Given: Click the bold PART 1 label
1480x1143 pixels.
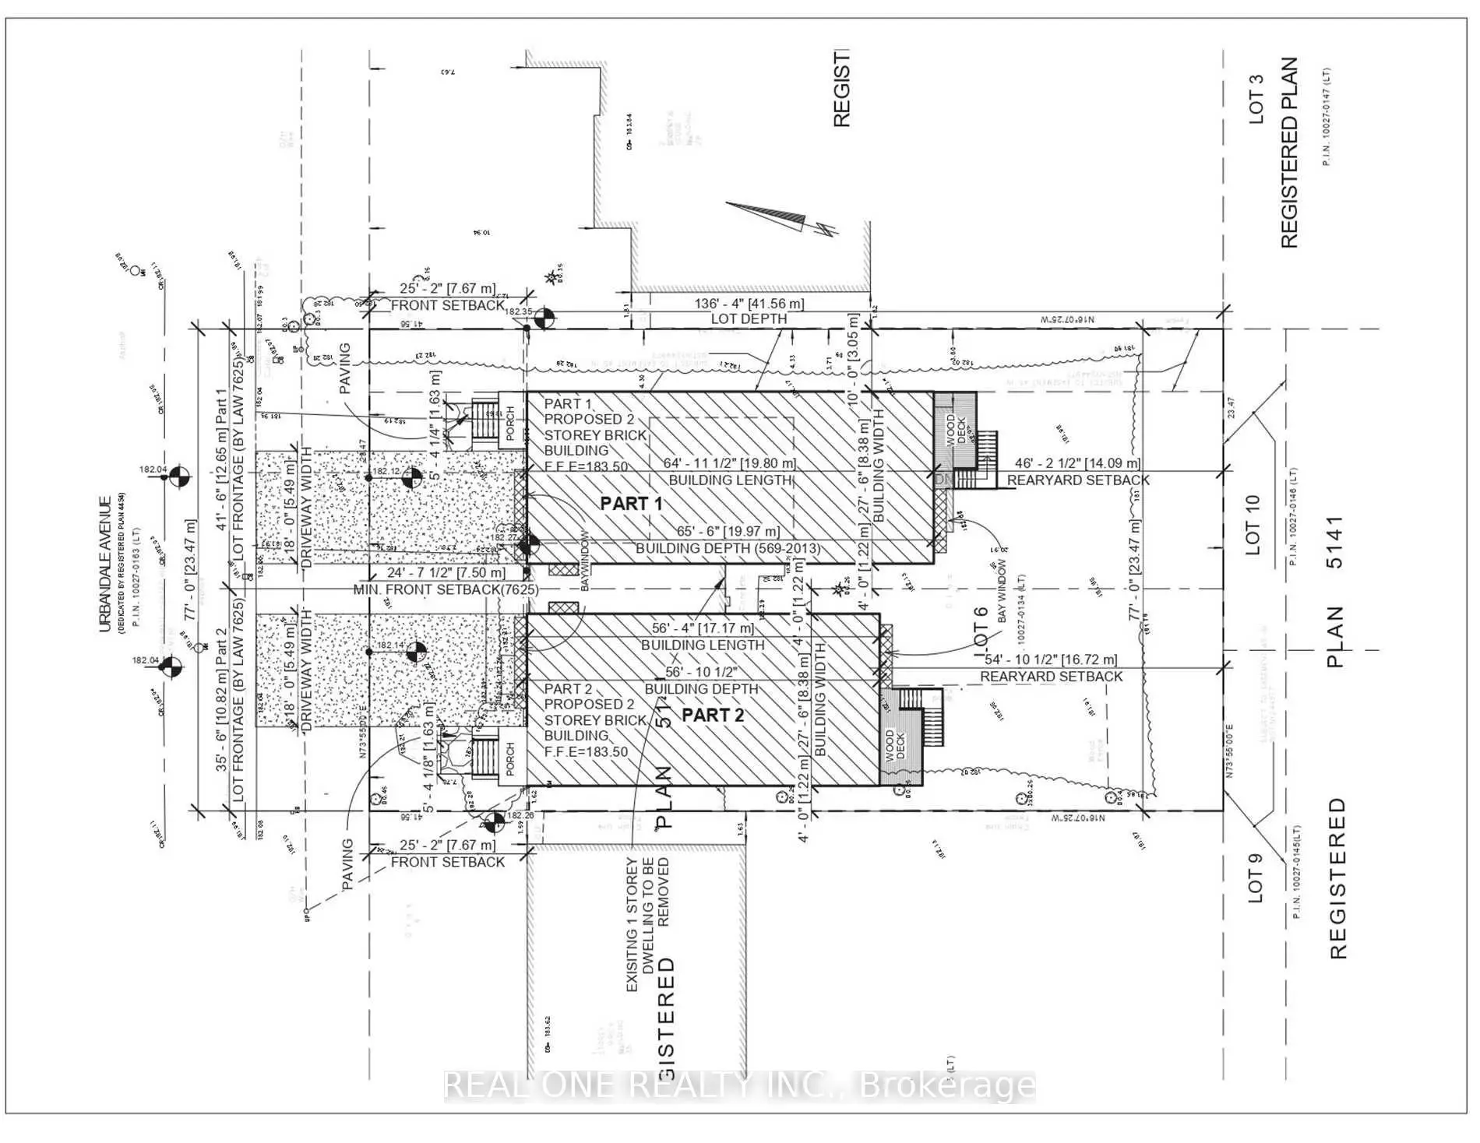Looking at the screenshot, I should click(631, 504).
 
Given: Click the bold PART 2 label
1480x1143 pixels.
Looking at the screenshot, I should click(713, 715).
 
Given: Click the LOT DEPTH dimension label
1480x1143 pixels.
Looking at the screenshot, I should click(749, 318).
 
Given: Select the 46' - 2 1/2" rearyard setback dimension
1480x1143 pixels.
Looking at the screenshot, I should click(1077, 463).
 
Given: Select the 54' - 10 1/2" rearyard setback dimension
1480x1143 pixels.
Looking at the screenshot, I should click(1051, 659).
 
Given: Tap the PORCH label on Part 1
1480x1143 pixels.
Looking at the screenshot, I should click(511, 423).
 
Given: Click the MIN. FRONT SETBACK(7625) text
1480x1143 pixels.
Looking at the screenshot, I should click(445, 589).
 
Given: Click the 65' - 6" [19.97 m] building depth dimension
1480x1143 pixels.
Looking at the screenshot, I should click(728, 531).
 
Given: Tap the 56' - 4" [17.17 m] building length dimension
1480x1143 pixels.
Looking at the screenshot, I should click(703, 628).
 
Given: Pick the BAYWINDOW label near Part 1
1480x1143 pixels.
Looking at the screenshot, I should click(587, 561).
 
